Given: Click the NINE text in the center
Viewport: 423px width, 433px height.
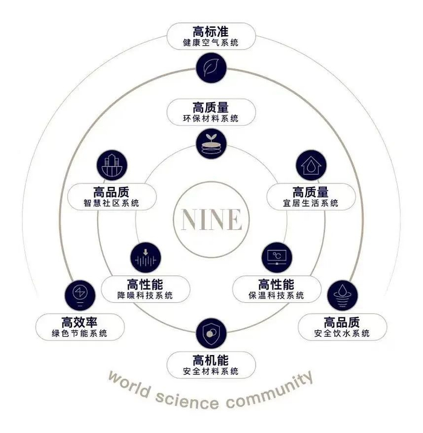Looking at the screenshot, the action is [211, 219].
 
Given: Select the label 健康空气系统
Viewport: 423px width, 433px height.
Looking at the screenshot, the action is [211, 43].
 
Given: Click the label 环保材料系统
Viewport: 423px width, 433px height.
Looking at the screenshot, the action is [211, 119].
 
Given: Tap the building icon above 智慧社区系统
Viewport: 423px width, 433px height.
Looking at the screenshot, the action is [111, 165].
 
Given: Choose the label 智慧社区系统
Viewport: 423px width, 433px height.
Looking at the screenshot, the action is [112, 203].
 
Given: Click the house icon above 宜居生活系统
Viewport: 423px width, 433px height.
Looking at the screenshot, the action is [311, 165].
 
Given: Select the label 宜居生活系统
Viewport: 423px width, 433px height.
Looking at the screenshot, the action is [311, 203].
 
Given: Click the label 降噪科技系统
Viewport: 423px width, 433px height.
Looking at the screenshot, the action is [146, 296].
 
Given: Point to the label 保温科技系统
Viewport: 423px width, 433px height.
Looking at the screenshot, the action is [276, 296].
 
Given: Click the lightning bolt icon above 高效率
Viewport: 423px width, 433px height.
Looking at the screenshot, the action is [79, 295].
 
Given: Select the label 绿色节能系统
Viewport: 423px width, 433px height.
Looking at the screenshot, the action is [80, 333].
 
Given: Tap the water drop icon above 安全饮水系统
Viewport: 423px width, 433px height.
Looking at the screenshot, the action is [342, 295].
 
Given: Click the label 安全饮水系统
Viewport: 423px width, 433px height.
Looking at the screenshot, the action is [342, 333].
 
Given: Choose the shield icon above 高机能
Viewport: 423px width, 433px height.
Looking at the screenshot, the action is [211, 333].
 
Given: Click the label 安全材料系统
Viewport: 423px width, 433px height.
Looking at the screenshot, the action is [211, 371].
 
